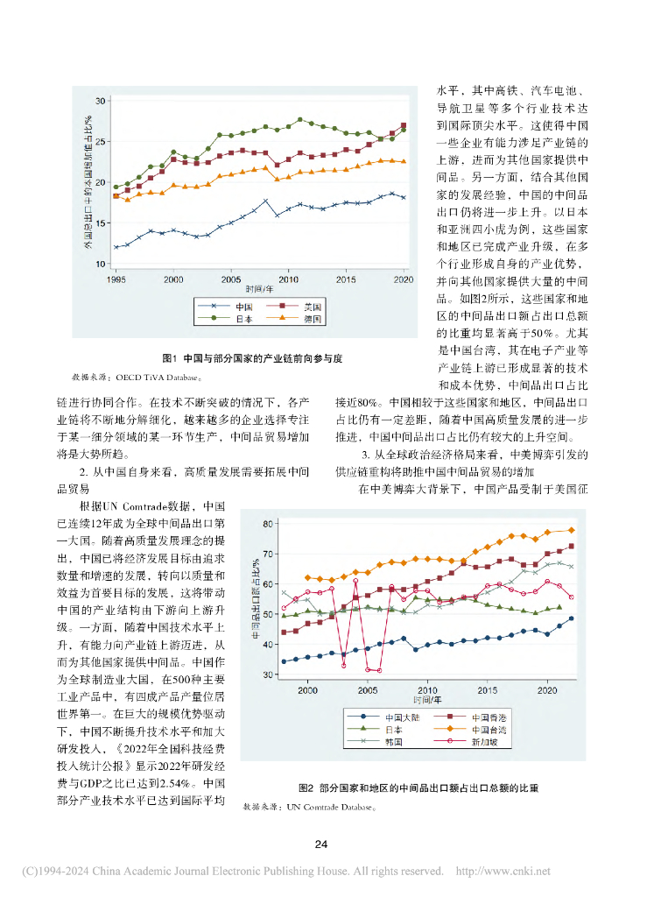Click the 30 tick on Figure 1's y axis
point(100,102)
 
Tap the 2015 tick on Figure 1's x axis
point(347,279)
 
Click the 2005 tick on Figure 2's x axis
point(368,689)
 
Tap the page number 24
point(321,844)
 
